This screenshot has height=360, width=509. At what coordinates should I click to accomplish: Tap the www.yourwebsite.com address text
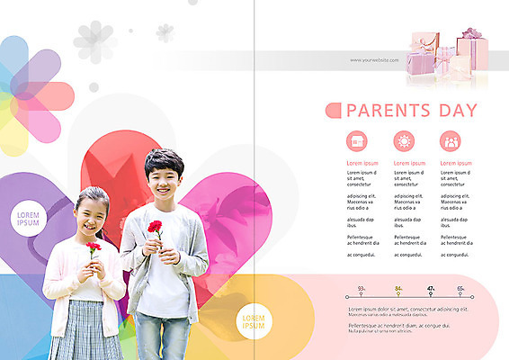coord(374,59)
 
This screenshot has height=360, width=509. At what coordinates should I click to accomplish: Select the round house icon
coord(357,141)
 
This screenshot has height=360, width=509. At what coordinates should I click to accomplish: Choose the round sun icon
coord(404,141)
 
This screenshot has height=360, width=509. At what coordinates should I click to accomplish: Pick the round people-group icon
coord(451,141)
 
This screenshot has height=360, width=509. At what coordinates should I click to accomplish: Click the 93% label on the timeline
coord(362,289)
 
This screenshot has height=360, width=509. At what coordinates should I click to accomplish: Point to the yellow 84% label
coord(398,289)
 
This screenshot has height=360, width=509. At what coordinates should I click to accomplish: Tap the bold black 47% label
coord(431,289)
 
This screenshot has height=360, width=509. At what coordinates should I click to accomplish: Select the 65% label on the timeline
coord(460,289)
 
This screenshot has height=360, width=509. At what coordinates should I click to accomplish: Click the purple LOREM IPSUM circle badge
coord(30,219)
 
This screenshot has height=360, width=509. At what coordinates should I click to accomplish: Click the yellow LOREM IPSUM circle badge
coord(254,321)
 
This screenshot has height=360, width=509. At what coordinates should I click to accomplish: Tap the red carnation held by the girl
coord(94,247)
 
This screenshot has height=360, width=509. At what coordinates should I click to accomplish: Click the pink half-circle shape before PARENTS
coord(333,111)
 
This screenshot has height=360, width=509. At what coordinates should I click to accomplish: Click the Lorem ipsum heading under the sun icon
coord(409,163)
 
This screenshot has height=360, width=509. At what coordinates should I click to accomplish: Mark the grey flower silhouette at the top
coord(94,40)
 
